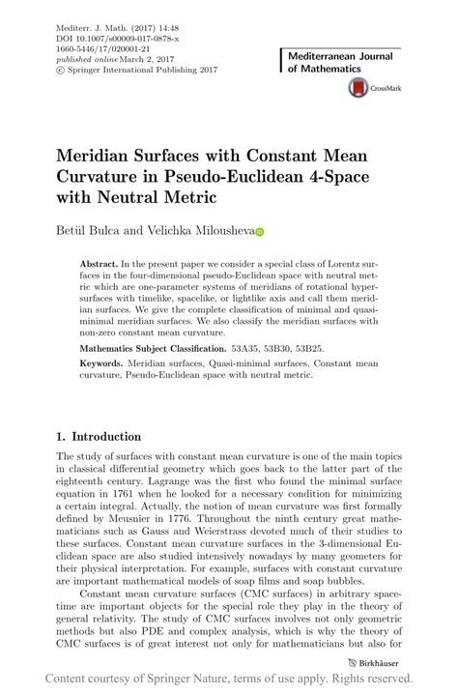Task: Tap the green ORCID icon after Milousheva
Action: (259, 232)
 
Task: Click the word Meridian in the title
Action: (100, 156)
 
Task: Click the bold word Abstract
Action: (100, 263)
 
